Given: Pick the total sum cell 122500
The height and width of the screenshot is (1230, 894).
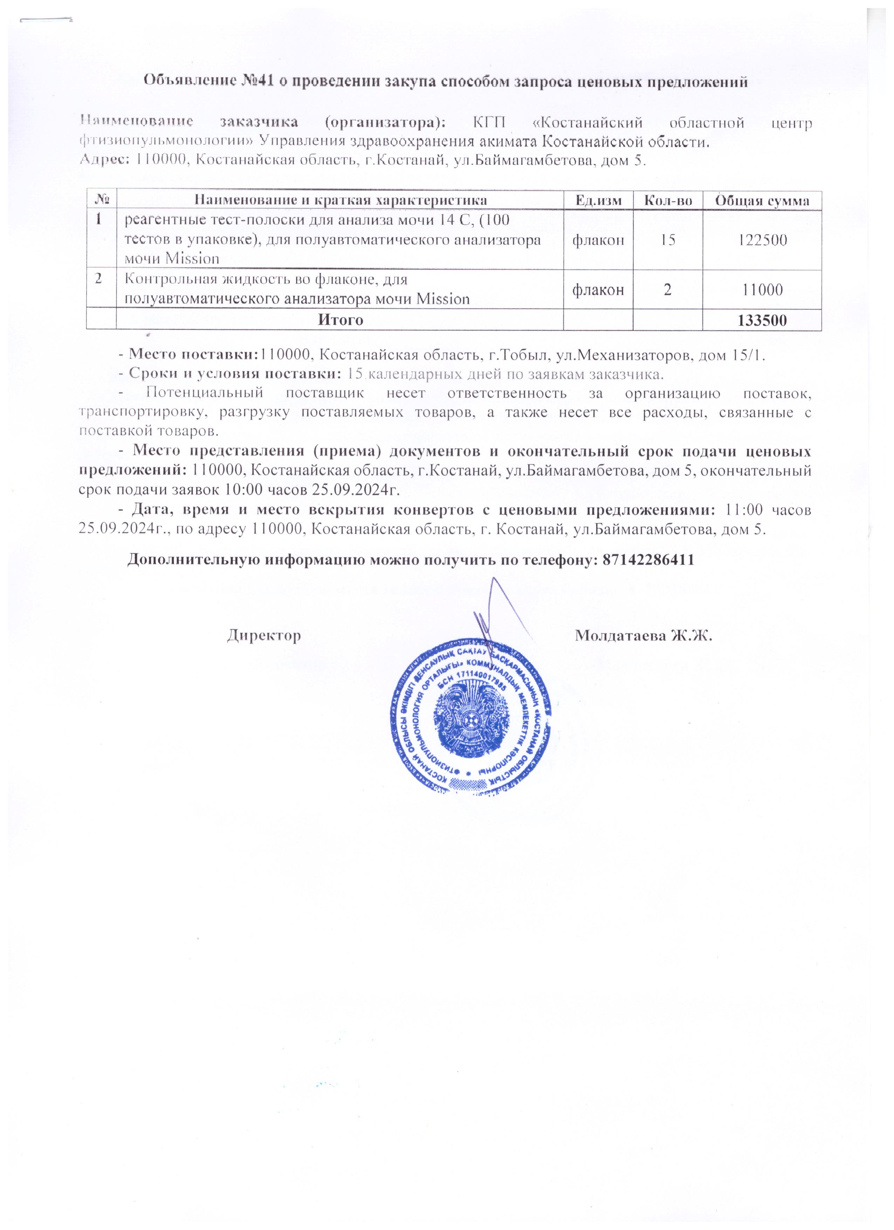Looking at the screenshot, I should point(762,240).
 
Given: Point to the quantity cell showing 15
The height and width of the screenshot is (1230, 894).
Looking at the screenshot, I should point(668,240).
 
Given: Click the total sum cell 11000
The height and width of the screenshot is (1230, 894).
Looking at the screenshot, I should point(762,290).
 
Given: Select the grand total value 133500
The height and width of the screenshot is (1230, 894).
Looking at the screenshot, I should point(762,321).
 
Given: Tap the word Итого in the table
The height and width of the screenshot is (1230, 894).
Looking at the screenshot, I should point(340,321).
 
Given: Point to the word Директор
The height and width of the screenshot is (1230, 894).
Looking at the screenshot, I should point(264,635).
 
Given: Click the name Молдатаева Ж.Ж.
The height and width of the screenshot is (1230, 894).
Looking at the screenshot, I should point(643,635).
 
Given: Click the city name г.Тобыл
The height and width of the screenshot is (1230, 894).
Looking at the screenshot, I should point(521,355).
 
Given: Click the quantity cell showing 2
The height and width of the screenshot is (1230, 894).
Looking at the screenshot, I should point(668,290).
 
